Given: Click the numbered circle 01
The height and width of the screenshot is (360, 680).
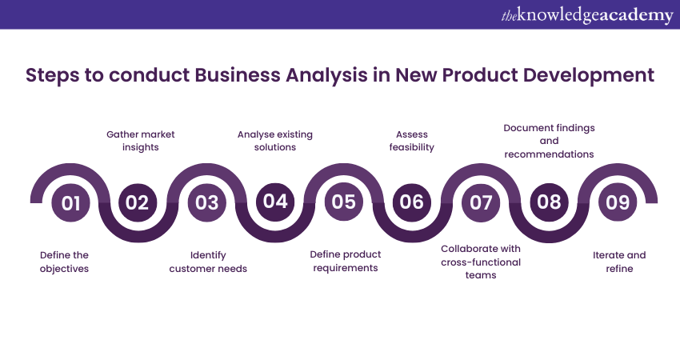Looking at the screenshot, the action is tap(70, 202).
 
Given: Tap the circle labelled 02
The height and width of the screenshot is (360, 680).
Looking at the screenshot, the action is tap(138, 202).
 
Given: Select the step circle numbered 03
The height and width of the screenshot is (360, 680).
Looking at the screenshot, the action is tap(207, 202).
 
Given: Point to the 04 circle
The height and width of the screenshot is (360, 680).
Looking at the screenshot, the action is tap(275, 202).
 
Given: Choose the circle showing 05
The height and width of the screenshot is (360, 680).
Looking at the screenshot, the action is tap(343, 202).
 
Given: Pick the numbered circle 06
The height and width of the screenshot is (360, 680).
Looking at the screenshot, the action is tap(411, 202).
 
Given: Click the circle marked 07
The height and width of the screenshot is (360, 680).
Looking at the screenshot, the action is tap(481, 202).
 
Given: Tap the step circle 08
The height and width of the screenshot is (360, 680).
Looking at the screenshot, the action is tap(549, 202).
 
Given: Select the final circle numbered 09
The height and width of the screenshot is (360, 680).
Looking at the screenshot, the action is tap(618, 202).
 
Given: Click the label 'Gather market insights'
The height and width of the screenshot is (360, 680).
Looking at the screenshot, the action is tap(141, 141).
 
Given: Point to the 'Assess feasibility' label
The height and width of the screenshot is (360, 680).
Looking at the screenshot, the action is tap(411, 141).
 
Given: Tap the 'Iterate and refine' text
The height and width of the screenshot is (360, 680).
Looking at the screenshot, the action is tap(619, 262).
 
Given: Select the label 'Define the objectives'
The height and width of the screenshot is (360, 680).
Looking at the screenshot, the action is tap(64, 262).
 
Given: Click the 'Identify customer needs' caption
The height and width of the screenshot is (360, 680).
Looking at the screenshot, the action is tap(208, 262).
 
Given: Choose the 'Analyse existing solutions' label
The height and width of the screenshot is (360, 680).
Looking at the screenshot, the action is tap(275, 141).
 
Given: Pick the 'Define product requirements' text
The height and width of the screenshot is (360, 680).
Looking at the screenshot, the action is tap(346, 261).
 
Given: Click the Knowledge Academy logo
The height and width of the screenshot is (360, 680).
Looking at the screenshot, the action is tap(587, 15).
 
